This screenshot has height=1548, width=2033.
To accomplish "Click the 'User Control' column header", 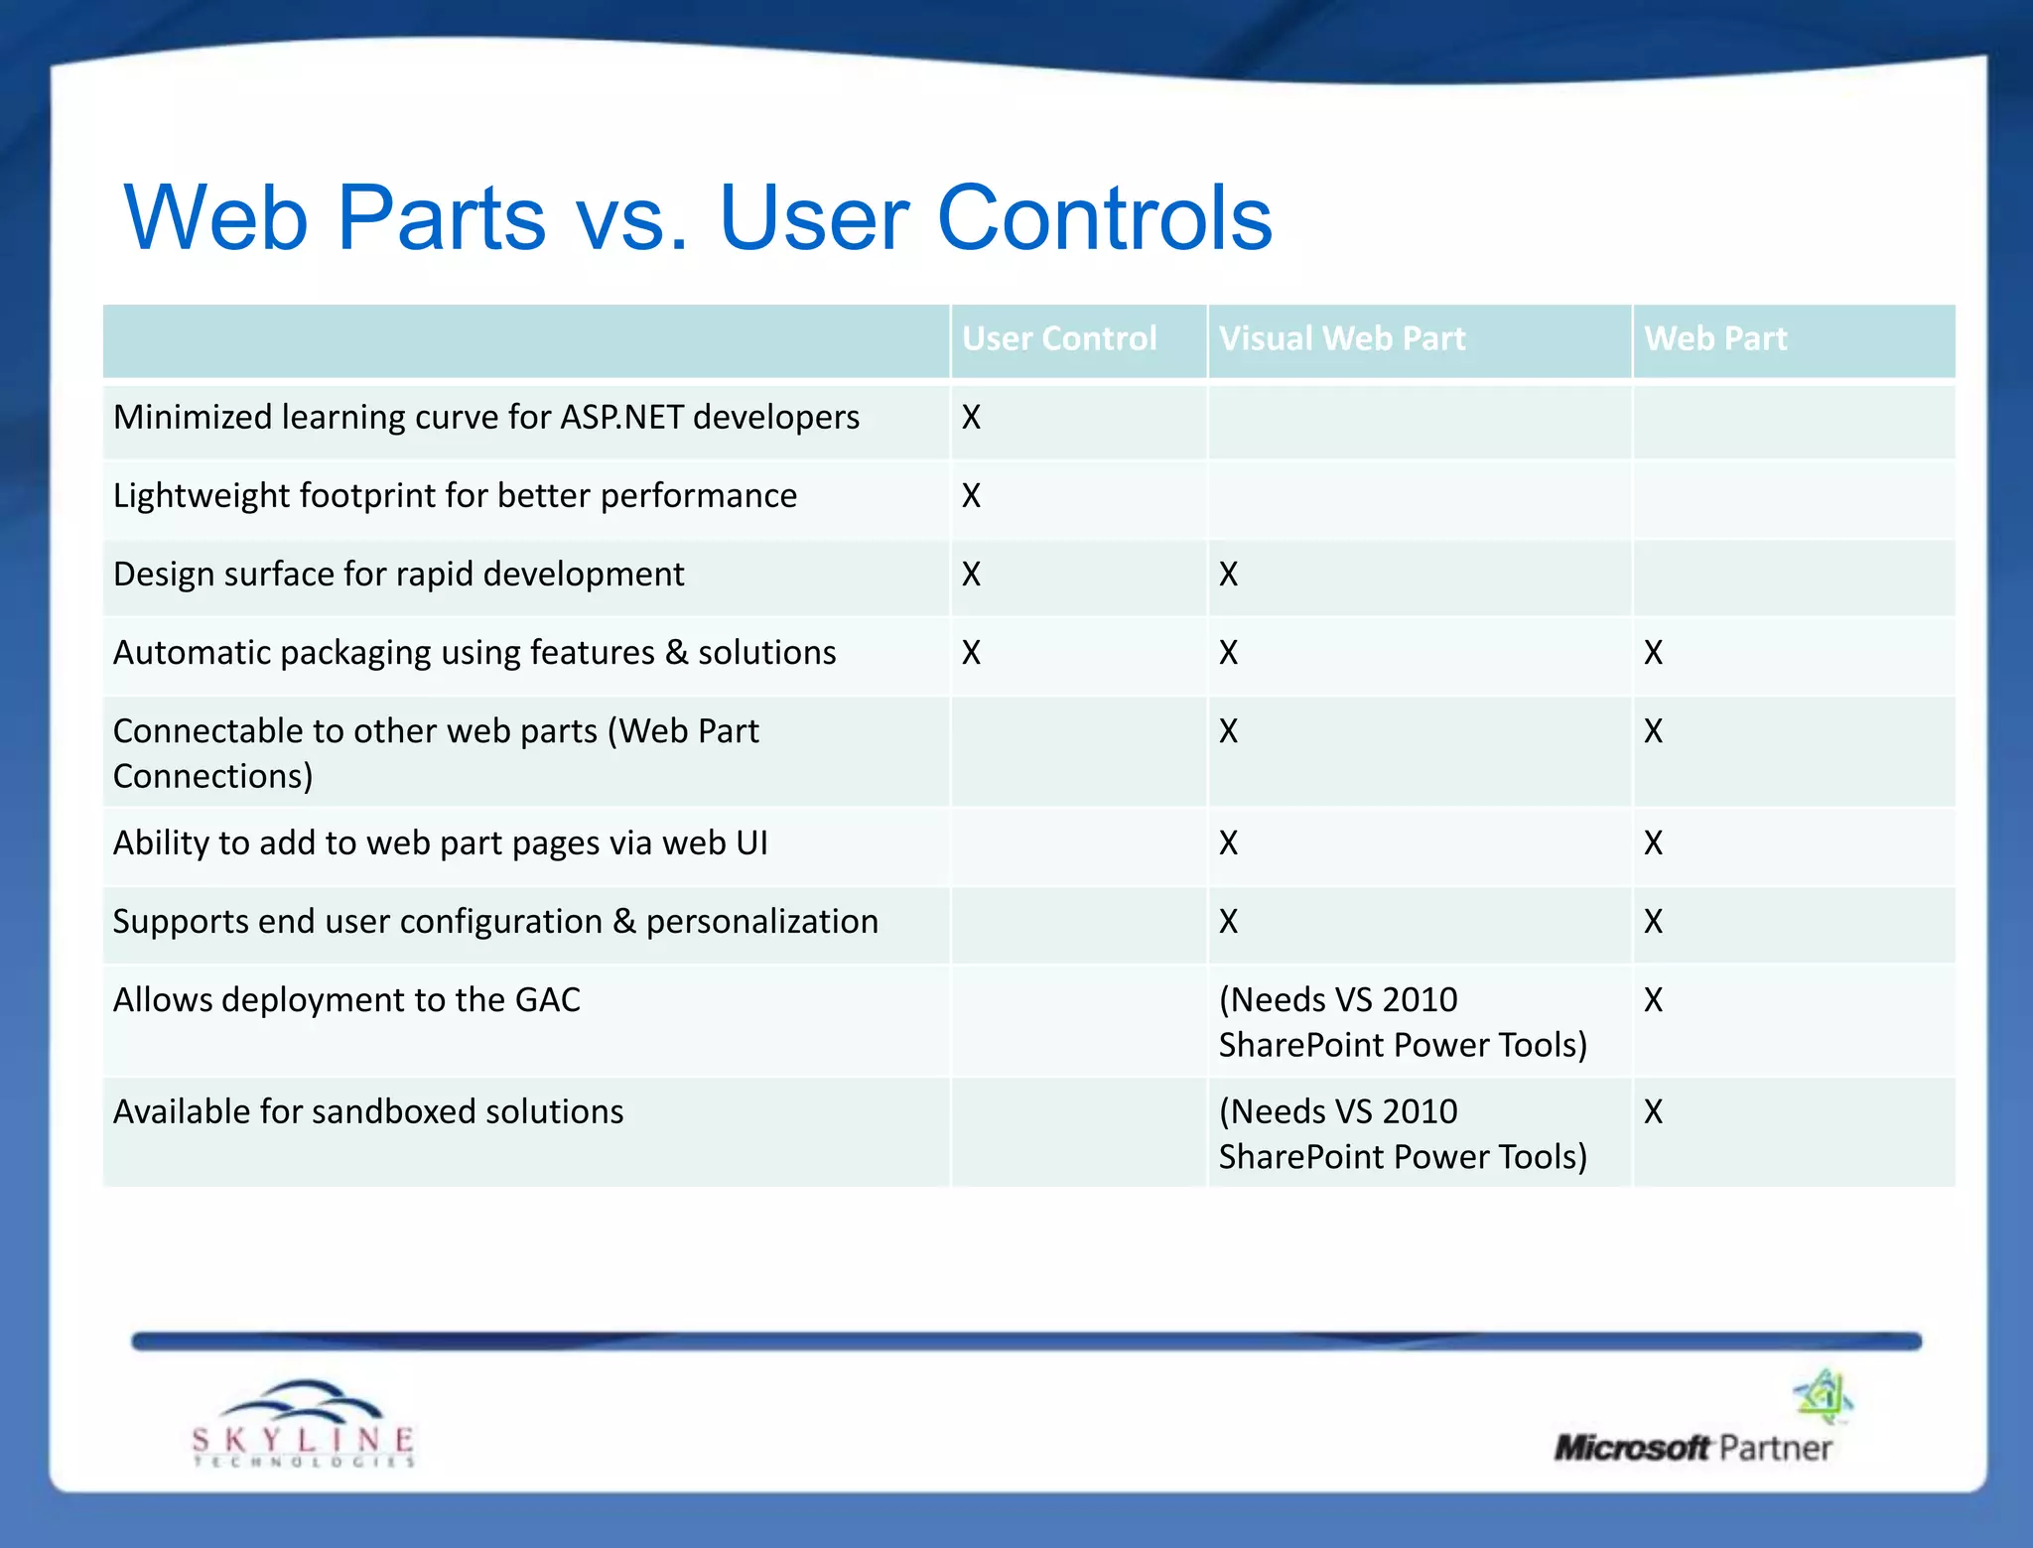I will (x=1059, y=339).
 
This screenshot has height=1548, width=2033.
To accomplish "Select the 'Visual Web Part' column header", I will (x=1341, y=339).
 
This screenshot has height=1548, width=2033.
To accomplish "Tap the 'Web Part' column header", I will (x=1714, y=339).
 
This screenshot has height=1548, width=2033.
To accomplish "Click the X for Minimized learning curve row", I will (x=971, y=418).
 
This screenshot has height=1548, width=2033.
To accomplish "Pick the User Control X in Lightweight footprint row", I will (x=971, y=496).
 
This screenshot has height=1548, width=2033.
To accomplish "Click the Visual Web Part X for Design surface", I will (x=1228, y=575).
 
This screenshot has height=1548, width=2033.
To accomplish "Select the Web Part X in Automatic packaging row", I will (x=1653, y=653).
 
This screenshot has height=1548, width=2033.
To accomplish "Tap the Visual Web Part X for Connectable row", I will (x=1228, y=731).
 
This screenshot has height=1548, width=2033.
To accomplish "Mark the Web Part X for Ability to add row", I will (x=1653, y=843).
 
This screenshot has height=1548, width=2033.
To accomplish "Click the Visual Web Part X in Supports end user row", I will (x=1228, y=922).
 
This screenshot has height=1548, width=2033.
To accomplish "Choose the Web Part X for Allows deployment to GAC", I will (x=1653, y=1000).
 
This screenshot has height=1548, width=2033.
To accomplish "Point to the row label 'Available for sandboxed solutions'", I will (x=368, y=1112).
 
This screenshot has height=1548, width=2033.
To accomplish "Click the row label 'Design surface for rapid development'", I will (x=398, y=575).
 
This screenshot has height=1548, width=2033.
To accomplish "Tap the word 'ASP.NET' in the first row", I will (x=622, y=418).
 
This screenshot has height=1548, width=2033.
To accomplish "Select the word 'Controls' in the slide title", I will (x=1104, y=218).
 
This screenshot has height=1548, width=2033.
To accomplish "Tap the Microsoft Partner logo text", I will (x=1693, y=1448).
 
